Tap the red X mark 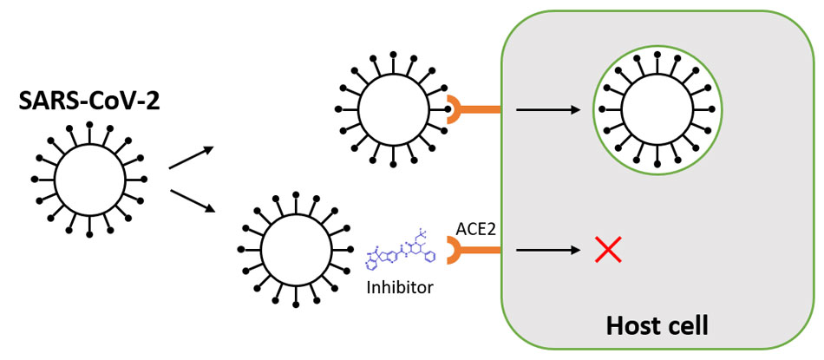(x=608, y=250)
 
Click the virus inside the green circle (x=658, y=109)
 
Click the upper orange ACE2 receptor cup (x=457, y=109)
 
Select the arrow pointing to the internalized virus (x=547, y=110)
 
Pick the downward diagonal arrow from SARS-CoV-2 (x=190, y=200)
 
